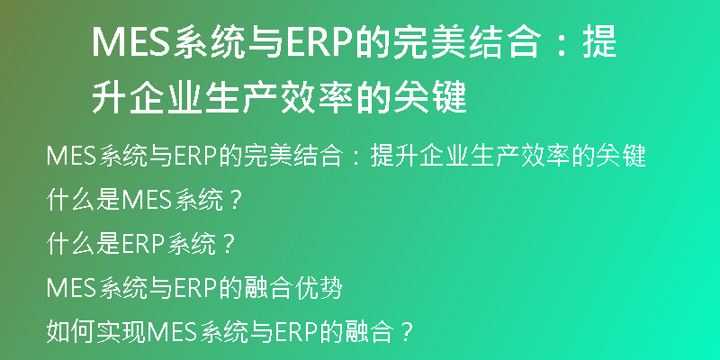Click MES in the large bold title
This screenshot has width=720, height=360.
[x=131, y=42]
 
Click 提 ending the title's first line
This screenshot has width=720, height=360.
[x=599, y=42]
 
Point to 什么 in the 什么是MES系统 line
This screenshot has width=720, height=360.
[x=70, y=200]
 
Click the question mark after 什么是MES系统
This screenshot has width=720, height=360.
[x=235, y=201]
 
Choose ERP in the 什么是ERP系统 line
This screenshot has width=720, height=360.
[x=142, y=244]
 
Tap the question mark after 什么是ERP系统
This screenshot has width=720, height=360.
[x=226, y=245]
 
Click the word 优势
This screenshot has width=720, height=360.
[x=319, y=288]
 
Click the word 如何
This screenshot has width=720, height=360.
[x=70, y=332]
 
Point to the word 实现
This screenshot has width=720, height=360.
[x=120, y=332]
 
